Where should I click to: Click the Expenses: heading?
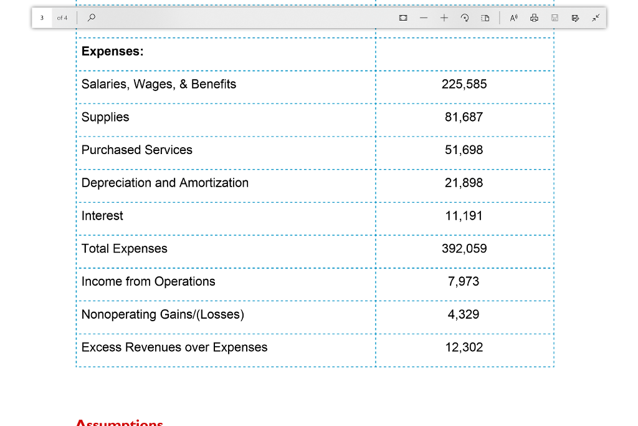click(x=112, y=52)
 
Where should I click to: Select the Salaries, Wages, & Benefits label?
click(x=159, y=84)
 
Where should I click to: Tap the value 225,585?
click(x=464, y=84)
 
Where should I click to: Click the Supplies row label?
click(x=105, y=117)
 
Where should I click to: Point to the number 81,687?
click(x=464, y=117)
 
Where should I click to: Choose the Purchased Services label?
click(x=137, y=150)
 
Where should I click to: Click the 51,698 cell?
click(x=464, y=150)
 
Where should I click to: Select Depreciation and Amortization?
click(x=165, y=183)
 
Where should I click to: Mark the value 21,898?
click(x=464, y=183)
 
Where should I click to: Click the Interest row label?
click(x=102, y=216)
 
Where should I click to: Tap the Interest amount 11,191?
click(x=464, y=216)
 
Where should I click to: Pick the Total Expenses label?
click(x=125, y=249)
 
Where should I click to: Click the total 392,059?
click(x=464, y=249)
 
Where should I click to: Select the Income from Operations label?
click(x=148, y=281)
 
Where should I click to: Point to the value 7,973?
click(x=464, y=281)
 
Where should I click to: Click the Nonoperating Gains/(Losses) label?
click(x=163, y=314)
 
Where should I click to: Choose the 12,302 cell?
click(x=464, y=347)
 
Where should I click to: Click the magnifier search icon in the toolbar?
click(x=92, y=17)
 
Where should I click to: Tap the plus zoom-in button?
click(x=444, y=17)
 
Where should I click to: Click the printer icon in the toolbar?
click(x=534, y=18)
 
